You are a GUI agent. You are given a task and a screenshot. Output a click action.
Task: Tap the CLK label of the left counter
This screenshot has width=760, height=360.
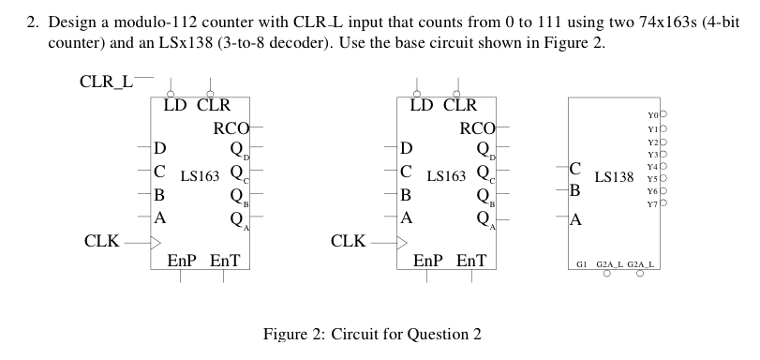(x=101, y=241)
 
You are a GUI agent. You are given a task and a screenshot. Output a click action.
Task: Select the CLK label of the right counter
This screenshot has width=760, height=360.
(x=349, y=241)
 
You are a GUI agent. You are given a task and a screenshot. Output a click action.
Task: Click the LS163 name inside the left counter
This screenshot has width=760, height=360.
(x=199, y=174)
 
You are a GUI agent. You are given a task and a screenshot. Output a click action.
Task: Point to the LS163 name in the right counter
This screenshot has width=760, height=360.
(x=446, y=174)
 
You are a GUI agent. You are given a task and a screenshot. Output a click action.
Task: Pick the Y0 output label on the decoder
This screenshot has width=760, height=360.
(x=652, y=115)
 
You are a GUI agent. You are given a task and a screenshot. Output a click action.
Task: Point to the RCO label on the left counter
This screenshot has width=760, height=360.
(x=231, y=127)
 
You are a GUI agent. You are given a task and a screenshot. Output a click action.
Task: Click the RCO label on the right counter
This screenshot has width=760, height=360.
(x=479, y=127)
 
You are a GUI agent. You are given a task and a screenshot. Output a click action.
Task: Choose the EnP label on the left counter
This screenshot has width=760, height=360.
(x=181, y=260)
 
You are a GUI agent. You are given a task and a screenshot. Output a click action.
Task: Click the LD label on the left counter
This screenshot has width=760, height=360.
(x=174, y=106)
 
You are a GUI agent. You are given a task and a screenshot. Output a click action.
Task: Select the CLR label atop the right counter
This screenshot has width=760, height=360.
(x=458, y=106)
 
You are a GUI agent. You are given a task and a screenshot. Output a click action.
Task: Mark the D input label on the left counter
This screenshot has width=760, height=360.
(x=160, y=148)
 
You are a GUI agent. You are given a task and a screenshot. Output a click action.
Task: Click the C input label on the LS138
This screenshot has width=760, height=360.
(x=576, y=170)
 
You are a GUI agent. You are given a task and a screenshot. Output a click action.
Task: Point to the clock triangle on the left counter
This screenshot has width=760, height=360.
(x=156, y=242)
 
